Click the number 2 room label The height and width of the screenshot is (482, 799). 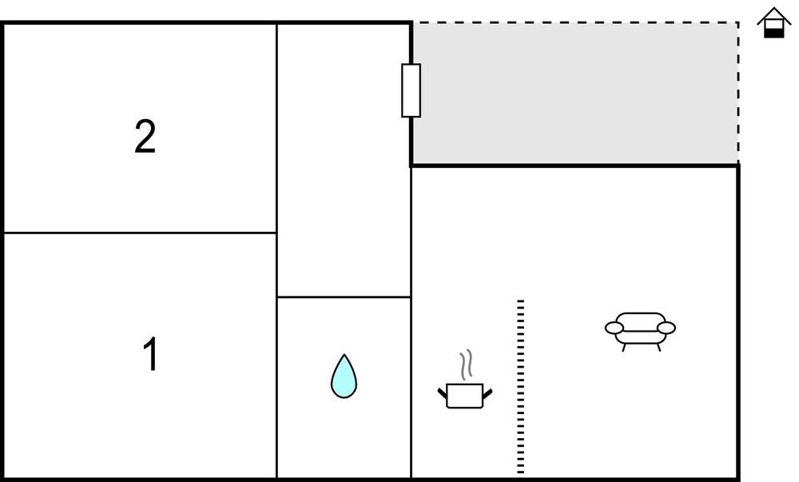[145, 136]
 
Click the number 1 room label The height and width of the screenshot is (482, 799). [151, 353]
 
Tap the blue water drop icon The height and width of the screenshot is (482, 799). [344, 376]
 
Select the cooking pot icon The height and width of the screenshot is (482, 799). [465, 396]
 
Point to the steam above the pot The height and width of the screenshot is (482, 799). [466, 364]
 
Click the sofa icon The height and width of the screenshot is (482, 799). [641, 331]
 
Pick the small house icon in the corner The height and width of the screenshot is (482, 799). [774, 23]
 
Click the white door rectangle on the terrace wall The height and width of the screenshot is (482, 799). [411, 90]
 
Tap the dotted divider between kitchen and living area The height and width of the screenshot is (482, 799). [521, 387]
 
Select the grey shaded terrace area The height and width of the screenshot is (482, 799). [575, 94]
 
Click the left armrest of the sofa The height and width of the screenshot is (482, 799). [614, 328]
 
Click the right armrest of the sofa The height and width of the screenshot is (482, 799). [666, 328]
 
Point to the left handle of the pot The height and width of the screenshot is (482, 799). [443, 393]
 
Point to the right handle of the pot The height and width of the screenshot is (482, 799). [487, 393]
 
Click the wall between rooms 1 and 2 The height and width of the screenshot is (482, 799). [140, 233]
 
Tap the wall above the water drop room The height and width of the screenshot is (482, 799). [344, 297]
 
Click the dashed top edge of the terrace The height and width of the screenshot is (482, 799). [575, 22]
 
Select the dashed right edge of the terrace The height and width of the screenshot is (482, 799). [737, 94]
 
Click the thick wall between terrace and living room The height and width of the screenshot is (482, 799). [574, 165]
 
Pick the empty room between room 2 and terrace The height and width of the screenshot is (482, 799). [344, 160]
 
